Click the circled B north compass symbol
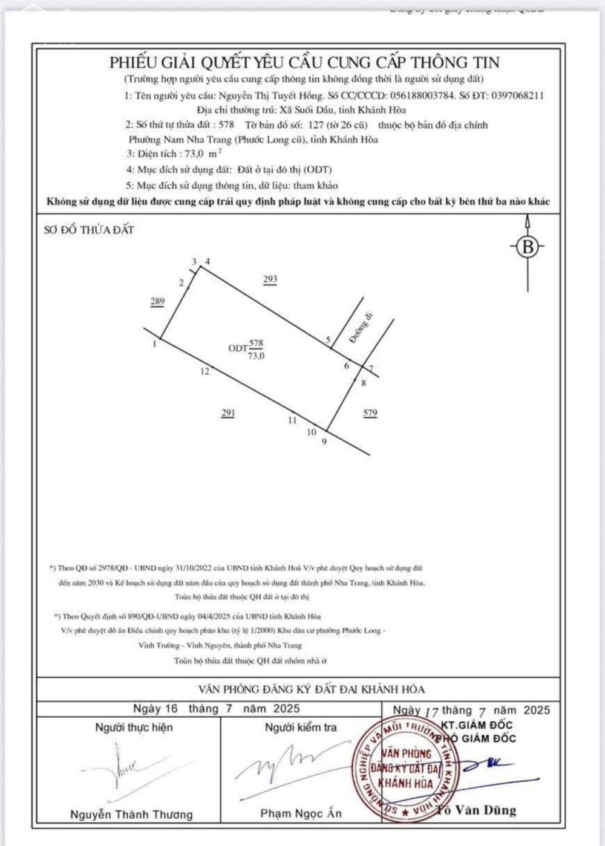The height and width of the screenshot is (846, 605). [528, 247]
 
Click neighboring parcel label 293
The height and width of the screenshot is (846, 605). [270, 279]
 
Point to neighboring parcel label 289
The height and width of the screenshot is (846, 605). [157, 301]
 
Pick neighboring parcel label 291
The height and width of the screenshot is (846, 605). [227, 413]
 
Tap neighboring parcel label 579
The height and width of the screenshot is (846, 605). [370, 413]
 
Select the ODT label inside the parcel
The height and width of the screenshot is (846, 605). [237, 348]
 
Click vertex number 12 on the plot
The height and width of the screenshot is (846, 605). [204, 371]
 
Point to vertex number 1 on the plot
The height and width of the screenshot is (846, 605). [155, 343]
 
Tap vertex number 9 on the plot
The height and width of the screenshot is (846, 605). [324, 441]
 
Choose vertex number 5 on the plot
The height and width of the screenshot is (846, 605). [328, 340]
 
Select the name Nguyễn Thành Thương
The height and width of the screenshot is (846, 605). [131, 814]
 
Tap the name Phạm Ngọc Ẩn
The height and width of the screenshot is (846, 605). [301, 813]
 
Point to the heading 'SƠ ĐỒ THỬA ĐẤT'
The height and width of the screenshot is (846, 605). [89, 230]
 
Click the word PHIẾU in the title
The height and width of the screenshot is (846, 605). [132, 62]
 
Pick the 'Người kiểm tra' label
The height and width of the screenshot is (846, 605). [301, 727]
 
